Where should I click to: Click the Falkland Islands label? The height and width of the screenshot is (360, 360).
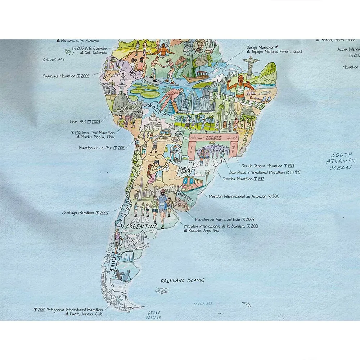pyautogui.click(x=183, y=280)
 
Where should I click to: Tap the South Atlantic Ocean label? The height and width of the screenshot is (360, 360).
pyautogui.click(x=341, y=162)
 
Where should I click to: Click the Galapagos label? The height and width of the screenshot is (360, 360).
pyautogui.click(x=53, y=59)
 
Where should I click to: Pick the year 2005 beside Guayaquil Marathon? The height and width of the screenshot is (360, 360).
pyautogui.click(x=85, y=76)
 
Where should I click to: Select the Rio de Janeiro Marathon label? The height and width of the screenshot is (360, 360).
pyautogui.click(x=262, y=166)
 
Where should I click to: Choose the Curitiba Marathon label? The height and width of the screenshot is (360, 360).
pyautogui.click(x=238, y=179)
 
